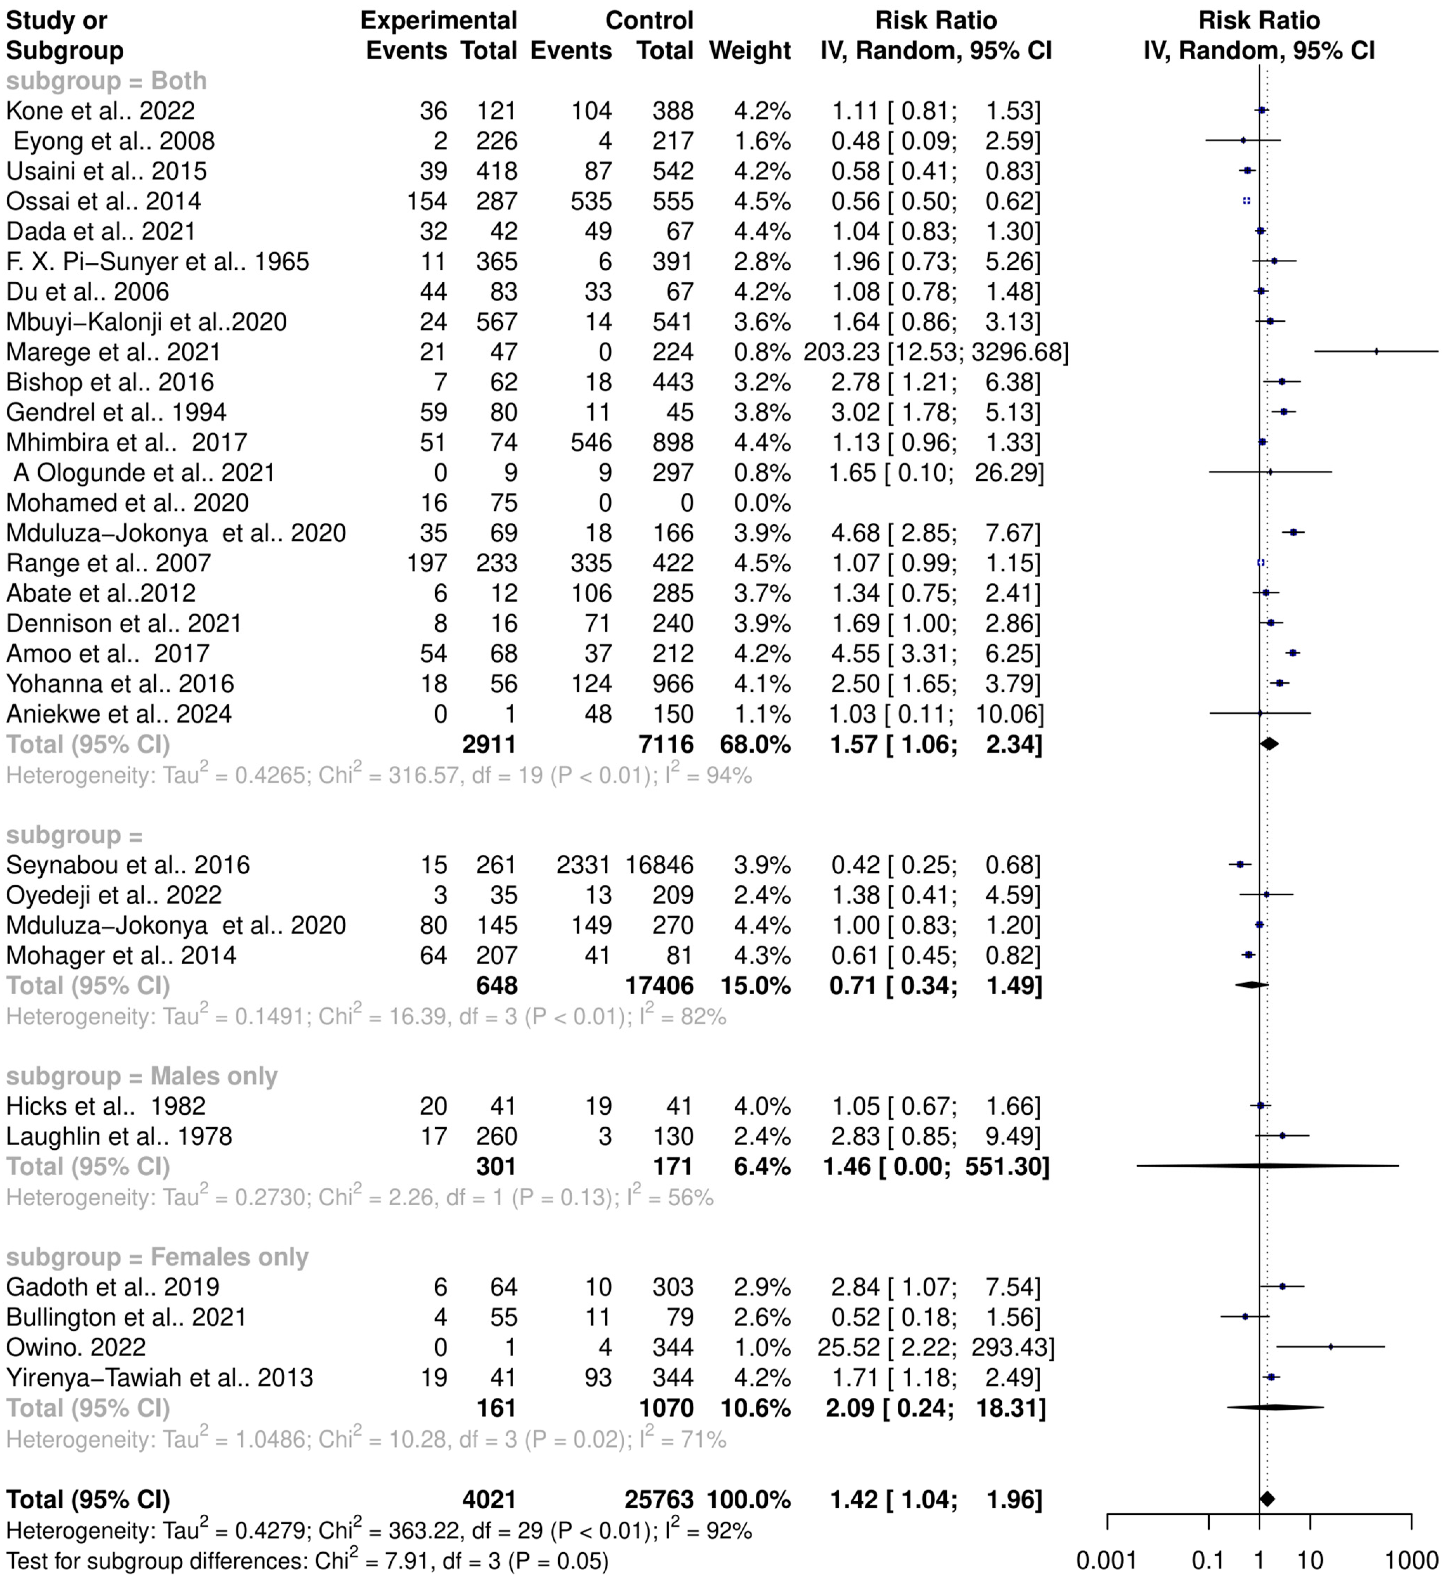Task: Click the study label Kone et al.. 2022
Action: click(x=100, y=111)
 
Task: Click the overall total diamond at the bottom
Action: click(x=1267, y=1499)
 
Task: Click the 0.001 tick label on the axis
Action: click(x=1106, y=1560)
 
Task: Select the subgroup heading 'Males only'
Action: click(x=141, y=1076)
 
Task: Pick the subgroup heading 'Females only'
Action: click(x=157, y=1257)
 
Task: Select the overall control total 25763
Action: click(x=659, y=1499)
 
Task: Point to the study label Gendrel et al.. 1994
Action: click(x=116, y=412)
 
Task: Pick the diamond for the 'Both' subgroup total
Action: click(x=1269, y=744)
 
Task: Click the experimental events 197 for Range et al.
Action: click(x=427, y=563)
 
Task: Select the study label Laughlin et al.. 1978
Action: click(x=119, y=1136)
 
